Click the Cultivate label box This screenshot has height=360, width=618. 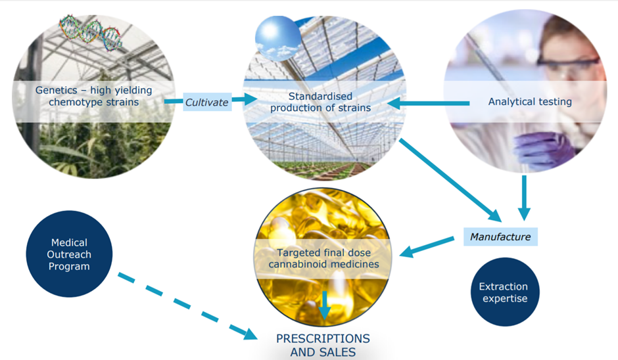(x=207, y=102)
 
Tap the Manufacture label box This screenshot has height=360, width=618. (x=500, y=236)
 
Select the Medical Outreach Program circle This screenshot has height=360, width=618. (x=70, y=254)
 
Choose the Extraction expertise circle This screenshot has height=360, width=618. (x=505, y=292)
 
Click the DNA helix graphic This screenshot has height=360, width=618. (x=91, y=33)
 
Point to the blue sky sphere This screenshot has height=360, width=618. (x=277, y=39)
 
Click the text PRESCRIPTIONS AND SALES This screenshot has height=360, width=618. (x=323, y=345)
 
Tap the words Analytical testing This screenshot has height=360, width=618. (x=530, y=102)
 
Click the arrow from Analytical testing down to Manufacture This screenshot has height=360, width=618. (x=524, y=198)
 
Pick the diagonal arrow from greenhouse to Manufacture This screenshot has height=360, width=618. (x=450, y=180)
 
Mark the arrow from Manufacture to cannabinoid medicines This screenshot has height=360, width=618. (x=427, y=246)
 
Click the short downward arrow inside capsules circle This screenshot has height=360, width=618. (x=324, y=305)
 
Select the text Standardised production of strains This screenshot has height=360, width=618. (x=320, y=102)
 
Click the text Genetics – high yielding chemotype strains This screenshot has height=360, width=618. (x=94, y=96)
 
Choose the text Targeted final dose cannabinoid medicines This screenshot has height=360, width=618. (x=324, y=258)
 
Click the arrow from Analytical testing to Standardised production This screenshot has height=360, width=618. (x=429, y=103)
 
